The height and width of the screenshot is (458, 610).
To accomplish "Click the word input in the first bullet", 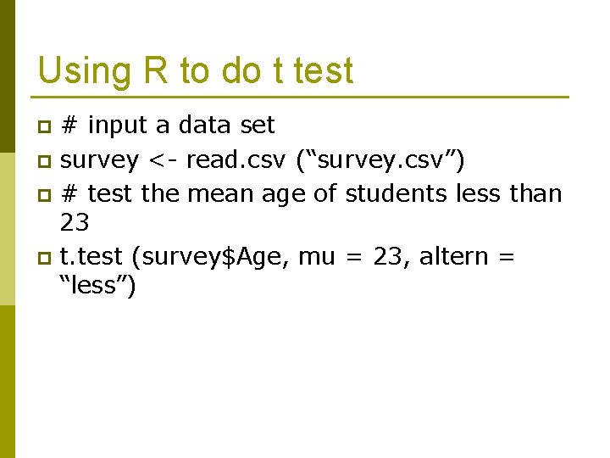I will (118, 126).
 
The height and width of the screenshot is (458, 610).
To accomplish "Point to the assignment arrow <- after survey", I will (162, 159).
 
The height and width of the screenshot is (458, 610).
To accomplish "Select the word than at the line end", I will (534, 193).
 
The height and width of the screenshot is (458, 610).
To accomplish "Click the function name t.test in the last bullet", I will (92, 255).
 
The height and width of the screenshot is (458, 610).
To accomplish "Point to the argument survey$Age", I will (212, 255).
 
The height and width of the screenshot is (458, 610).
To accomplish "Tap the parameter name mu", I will (317, 255).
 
